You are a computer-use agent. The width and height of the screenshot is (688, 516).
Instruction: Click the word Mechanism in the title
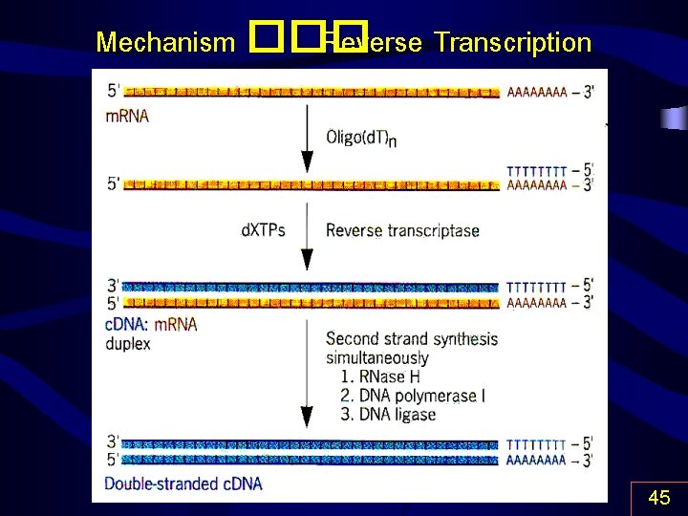point(165,43)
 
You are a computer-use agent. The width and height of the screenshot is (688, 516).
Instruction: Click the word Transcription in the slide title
point(512,43)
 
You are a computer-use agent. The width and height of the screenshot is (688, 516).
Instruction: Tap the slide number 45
point(658,498)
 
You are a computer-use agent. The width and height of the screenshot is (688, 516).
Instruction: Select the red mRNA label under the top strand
point(127,116)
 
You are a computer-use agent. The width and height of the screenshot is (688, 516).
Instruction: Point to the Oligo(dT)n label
point(361,138)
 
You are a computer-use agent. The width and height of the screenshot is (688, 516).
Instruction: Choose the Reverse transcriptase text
point(402,230)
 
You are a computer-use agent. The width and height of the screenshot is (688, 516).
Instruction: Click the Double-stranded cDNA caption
point(183,484)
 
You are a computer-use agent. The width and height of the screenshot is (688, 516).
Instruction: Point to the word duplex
point(128,343)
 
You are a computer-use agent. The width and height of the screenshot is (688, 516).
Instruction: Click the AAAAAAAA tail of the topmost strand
point(537,92)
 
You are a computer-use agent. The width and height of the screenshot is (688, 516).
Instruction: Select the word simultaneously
point(376,357)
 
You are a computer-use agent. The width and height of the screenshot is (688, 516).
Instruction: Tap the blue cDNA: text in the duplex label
point(127,324)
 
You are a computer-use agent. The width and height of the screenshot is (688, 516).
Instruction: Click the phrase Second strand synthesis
point(411,338)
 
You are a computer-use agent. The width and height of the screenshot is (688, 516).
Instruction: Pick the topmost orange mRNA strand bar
point(312,92)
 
